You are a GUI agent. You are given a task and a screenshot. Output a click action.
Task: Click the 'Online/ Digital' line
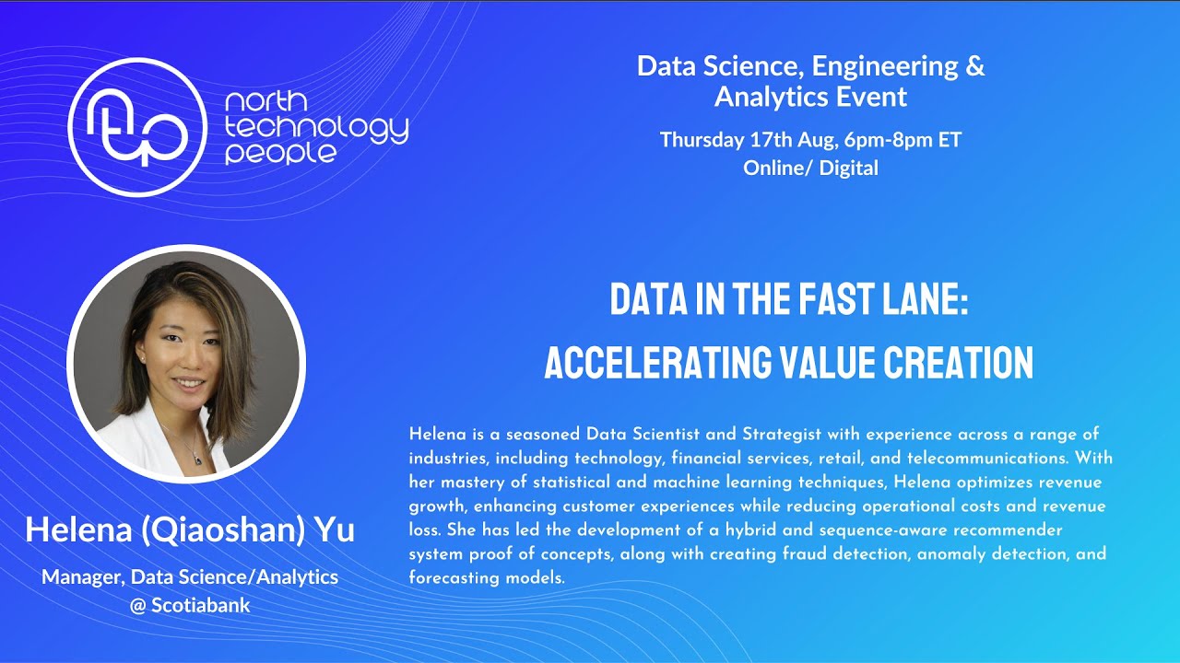coord(810,168)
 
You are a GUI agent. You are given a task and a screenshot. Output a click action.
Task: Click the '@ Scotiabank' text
coord(190,606)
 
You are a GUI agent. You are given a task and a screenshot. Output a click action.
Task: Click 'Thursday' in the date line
coord(701,141)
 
